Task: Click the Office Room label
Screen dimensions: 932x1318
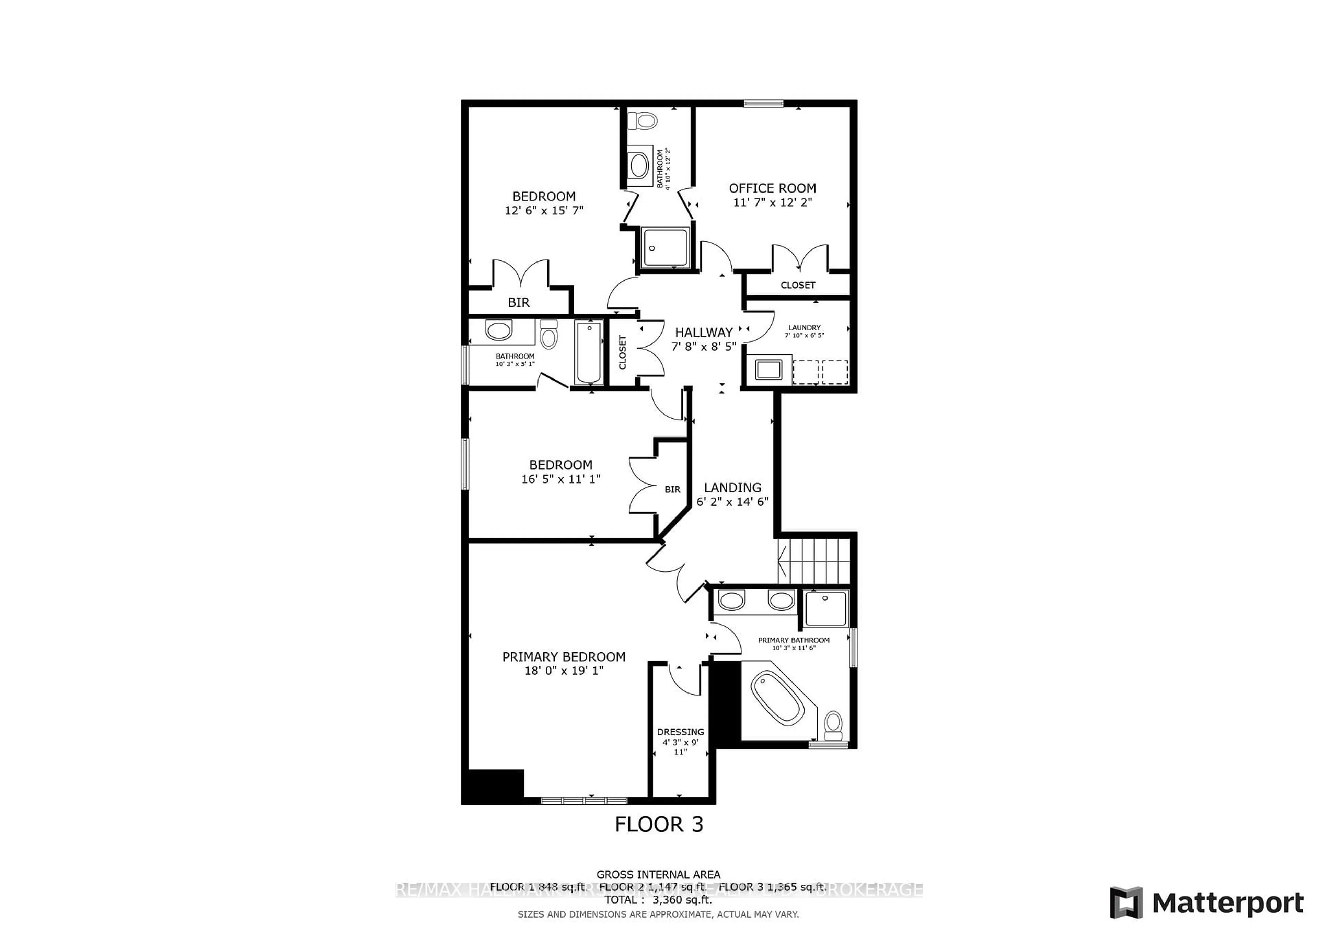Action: click(x=772, y=188)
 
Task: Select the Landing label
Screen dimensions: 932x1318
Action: click(x=732, y=487)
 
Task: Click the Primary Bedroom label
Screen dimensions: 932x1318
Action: click(x=564, y=656)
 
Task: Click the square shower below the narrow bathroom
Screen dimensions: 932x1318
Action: click(x=665, y=247)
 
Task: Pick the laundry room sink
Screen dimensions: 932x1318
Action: click(x=768, y=369)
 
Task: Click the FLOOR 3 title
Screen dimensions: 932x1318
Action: click(x=658, y=825)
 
